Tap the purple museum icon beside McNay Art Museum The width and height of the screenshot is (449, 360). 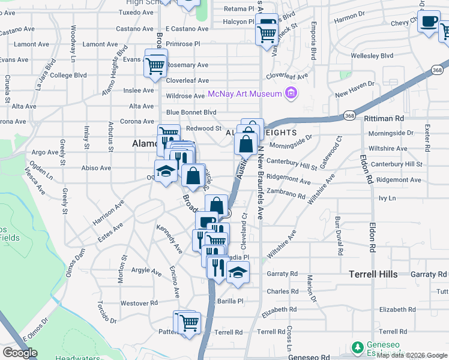(x=291, y=94)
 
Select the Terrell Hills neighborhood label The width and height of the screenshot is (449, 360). (x=373, y=274)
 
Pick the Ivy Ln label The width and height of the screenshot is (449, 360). (x=387, y=197)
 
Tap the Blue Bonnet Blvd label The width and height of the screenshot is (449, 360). (x=191, y=112)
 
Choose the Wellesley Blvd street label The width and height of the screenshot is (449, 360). (x=372, y=56)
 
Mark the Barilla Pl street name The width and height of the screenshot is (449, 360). (x=230, y=301)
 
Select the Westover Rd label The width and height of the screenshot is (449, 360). (x=139, y=303)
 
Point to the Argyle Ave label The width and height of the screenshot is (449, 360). (x=146, y=271)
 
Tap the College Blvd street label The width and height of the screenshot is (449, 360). (x=68, y=76)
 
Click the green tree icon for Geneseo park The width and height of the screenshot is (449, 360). (x=357, y=347)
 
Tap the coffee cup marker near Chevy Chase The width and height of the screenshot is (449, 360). (x=429, y=22)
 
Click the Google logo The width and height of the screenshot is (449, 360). (x=20, y=353)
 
